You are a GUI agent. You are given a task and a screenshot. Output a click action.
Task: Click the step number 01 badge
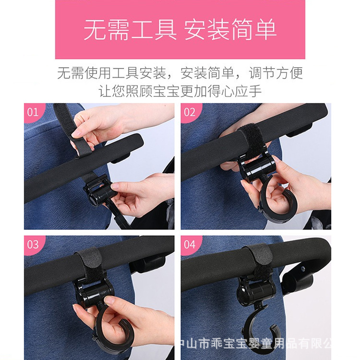[33, 112]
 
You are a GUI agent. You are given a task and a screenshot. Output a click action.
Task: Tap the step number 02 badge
[190, 112]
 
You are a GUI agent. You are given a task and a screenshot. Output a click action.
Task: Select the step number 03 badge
[33, 244]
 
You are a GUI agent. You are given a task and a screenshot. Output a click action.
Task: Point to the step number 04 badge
[190, 244]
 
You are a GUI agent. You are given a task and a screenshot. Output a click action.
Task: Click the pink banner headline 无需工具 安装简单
[180, 30]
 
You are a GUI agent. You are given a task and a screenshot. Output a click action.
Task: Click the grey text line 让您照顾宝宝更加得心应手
[180, 91]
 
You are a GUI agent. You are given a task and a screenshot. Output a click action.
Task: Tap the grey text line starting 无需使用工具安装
[180, 73]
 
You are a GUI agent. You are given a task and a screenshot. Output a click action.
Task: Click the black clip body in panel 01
[99, 191]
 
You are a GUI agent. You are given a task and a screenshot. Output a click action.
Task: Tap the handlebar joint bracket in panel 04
[299, 279]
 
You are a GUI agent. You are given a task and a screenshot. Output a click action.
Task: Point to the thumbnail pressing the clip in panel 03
[111, 301]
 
